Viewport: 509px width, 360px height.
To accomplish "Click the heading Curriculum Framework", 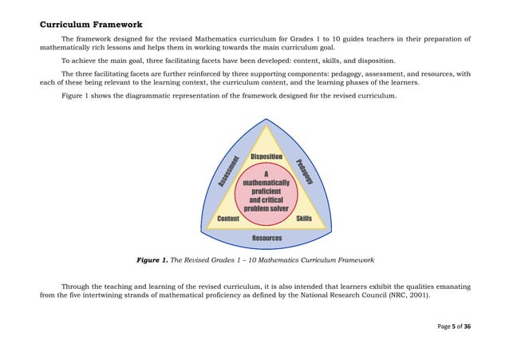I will coord(91,25).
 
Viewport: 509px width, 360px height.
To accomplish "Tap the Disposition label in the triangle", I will coord(266,156).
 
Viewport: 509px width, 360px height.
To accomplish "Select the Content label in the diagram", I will coord(228,219).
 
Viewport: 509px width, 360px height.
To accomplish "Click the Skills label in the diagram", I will coord(304,219).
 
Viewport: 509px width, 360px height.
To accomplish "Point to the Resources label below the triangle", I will coord(266,238).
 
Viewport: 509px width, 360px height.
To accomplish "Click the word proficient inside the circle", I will coord(266,192).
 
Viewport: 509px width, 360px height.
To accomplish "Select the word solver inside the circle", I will coord(278,209).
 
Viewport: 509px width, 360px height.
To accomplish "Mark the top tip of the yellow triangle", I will coord(266,125).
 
